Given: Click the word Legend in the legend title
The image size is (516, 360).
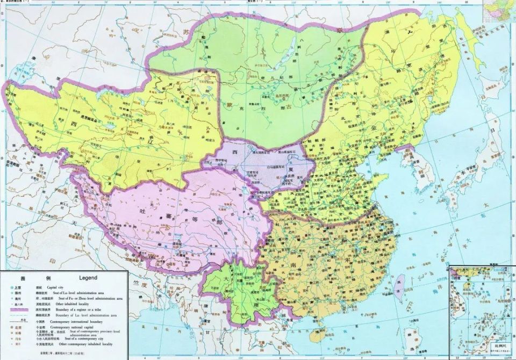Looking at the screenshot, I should coord(88,278).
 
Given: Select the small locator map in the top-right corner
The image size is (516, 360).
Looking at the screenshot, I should coord(498,11).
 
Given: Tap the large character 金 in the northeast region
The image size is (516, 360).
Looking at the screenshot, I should coord(371,130).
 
